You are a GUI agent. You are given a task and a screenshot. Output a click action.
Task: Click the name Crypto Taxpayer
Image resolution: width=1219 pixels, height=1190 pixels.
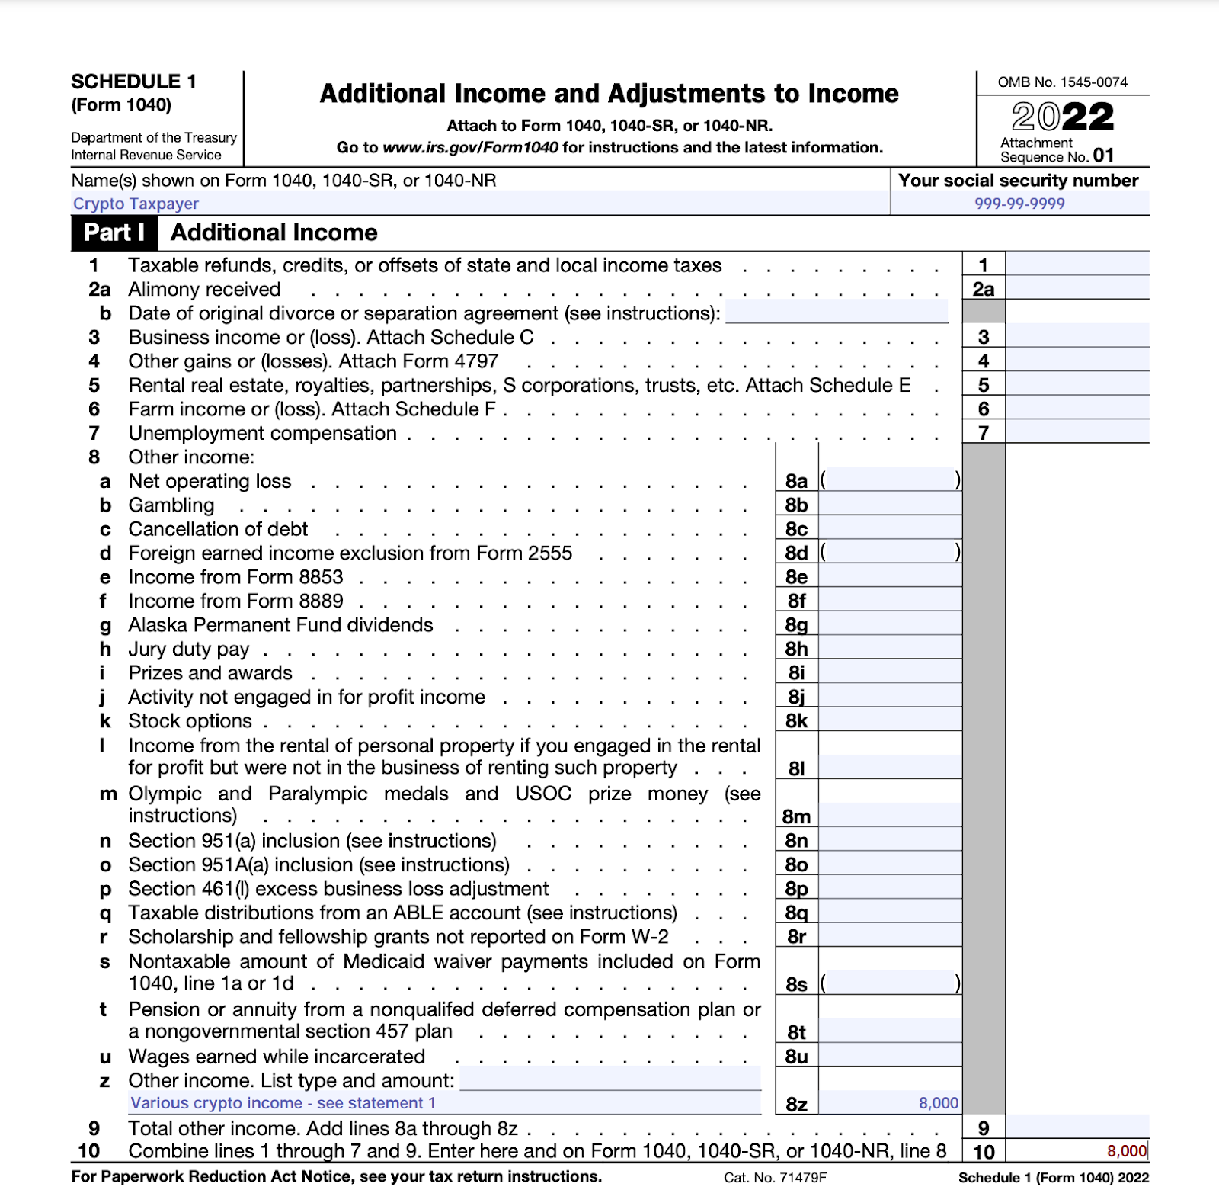[x=136, y=204]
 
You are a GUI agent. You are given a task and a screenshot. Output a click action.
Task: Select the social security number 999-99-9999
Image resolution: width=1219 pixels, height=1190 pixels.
[x=1019, y=204]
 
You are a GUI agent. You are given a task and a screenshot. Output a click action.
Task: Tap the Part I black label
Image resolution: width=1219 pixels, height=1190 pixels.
[x=114, y=233]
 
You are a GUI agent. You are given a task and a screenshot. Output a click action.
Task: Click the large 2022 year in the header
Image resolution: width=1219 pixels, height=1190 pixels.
[x=1063, y=117]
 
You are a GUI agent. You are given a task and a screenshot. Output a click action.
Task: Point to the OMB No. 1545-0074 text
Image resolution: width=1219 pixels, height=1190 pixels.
[x=1062, y=82]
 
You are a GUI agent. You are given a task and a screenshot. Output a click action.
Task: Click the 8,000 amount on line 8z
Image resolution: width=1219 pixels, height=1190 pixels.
[x=939, y=1103]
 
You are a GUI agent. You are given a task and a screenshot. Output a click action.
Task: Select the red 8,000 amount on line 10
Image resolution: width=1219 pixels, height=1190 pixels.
[x=1127, y=1151]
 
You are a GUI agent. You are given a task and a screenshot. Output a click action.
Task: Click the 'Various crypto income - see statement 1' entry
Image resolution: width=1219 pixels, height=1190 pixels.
[x=283, y=1103]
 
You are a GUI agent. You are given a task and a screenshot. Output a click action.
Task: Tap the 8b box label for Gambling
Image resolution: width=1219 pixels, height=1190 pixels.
[x=796, y=505]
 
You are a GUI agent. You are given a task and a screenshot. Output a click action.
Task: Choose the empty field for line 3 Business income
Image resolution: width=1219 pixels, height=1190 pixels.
[x=1077, y=336]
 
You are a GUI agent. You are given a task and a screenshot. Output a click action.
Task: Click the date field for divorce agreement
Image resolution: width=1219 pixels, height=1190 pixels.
[x=837, y=313]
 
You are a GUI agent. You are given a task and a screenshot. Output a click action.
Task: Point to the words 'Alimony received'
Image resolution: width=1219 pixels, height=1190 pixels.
[x=204, y=290]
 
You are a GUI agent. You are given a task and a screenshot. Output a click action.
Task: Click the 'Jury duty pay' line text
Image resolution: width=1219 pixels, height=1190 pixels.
[x=188, y=649]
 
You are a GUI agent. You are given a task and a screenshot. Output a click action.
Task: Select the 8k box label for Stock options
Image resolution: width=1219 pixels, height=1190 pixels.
[x=796, y=721]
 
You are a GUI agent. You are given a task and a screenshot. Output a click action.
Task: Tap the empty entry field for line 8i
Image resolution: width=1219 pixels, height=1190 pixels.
[x=890, y=672]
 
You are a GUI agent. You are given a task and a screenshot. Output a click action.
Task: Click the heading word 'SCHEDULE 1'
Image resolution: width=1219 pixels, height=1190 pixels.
[x=133, y=82]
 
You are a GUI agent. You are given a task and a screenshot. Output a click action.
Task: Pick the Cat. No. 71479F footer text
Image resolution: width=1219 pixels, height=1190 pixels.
[x=775, y=1178]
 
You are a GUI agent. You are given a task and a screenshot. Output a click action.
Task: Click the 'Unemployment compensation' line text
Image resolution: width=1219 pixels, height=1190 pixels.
[x=262, y=433]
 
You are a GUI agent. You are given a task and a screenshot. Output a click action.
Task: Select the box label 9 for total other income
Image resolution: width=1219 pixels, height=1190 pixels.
[x=984, y=1128]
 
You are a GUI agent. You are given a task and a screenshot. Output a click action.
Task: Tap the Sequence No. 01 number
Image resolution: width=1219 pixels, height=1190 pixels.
[x=1102, y=156]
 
